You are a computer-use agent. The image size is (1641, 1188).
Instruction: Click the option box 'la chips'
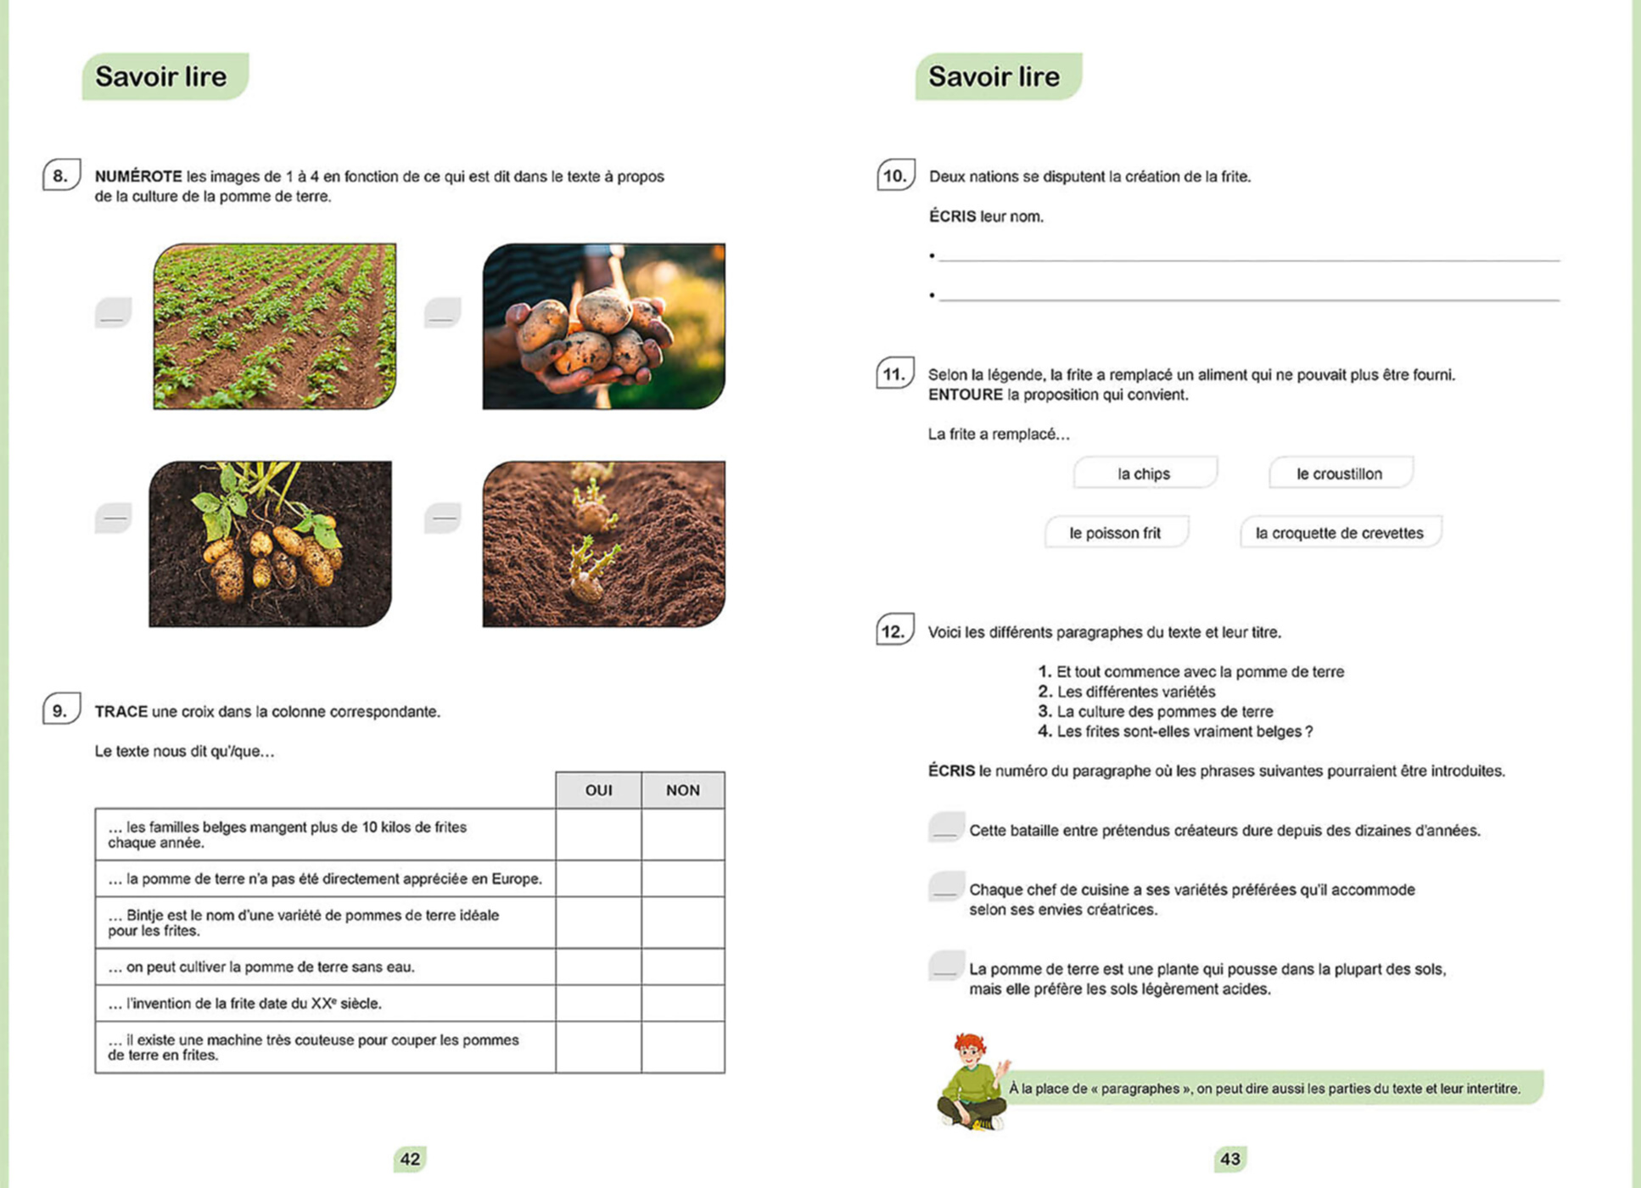coord(1145,474)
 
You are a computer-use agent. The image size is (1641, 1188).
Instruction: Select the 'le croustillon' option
coord(1340,474)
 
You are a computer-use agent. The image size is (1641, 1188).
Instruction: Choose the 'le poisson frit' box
coord(1115,533)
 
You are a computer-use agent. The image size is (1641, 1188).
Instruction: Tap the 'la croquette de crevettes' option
coord(1339,533)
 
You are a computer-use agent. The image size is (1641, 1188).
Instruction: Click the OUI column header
coord(598,790)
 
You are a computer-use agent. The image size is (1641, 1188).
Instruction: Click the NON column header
coord(682,790)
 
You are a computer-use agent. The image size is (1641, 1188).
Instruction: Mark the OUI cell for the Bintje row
coord(598,922)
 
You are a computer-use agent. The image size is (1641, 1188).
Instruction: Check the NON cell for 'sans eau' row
coord(682,967)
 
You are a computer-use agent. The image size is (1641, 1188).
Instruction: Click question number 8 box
coord(61,176)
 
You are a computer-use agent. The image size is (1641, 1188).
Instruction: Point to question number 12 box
coord(894,630)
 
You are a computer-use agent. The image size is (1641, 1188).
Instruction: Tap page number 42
coord(410,1159)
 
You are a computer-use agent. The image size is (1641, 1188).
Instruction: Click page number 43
coord(1230,1159)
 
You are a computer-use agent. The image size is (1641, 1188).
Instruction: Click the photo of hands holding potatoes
coord(603,327)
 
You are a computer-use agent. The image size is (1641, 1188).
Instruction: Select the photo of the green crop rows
coord(274,327)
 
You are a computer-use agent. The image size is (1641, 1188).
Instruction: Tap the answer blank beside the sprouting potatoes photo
coord(443,518)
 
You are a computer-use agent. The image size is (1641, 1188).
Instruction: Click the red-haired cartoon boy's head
coord(969,1050)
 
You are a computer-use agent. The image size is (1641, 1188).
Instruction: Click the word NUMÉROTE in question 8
coord(138,177)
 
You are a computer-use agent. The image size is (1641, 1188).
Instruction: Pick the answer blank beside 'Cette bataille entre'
coord(946,827)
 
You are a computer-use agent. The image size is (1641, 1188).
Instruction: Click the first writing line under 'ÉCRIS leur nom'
coord(1247,255)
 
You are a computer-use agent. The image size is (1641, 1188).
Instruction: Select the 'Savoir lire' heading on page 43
coord(994,76)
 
